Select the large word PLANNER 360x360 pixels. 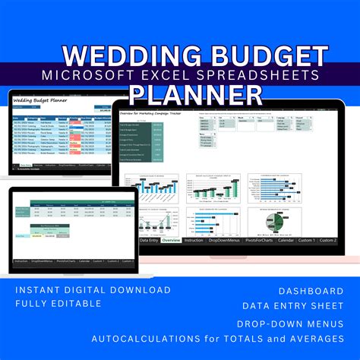tap(196, 93)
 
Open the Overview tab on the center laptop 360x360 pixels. tap(171, 240)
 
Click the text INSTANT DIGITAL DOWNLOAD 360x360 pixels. tap(92, 289)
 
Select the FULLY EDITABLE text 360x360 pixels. tap(58, 303)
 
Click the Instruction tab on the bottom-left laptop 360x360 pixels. tap(21, 261)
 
